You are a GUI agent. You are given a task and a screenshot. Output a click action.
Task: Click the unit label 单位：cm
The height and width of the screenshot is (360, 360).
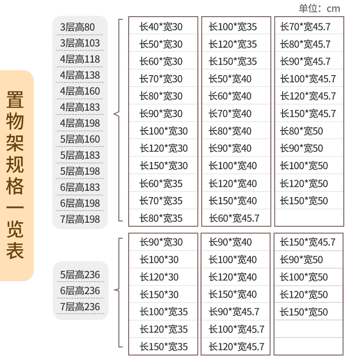click(x=319, y=9)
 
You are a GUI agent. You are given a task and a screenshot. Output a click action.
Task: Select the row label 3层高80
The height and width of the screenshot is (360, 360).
click(x=77, y=27)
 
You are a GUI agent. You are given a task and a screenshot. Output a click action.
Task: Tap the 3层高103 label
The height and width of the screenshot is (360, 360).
click(x=80, y=43)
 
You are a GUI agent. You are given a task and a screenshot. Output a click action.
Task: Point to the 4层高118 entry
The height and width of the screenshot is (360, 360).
click(x=80, y=59)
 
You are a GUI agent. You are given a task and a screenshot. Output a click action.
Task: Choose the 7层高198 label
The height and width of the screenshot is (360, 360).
click(x=80, y=220)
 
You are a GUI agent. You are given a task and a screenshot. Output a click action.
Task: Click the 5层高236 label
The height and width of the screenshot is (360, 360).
click(x=80, y=275)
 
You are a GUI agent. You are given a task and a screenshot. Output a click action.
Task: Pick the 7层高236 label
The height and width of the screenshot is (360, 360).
click(x=80, y=307)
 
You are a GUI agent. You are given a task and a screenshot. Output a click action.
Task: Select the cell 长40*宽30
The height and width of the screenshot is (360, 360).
click(x=161, y=27)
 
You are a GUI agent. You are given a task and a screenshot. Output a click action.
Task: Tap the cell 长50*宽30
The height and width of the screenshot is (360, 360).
click(x=161, y=44)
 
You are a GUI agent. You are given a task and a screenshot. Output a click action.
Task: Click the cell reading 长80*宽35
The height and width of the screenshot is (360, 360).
click(x=161, y=219)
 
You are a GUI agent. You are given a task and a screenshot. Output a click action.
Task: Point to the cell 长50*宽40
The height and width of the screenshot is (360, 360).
click(x=230, y=79)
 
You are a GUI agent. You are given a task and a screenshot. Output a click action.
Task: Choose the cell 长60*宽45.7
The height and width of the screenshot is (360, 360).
click(x=234, y=219)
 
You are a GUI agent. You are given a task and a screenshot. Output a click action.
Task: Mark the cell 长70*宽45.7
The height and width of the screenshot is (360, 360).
click(x=305, y=27)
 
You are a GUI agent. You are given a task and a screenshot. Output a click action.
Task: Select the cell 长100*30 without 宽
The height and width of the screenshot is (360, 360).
click(x=159, y=260)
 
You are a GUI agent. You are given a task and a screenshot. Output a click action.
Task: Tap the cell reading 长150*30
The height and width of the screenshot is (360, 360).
click(x=159, y=295)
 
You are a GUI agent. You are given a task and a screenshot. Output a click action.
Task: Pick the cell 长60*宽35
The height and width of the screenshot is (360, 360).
click(x=161, y=184)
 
